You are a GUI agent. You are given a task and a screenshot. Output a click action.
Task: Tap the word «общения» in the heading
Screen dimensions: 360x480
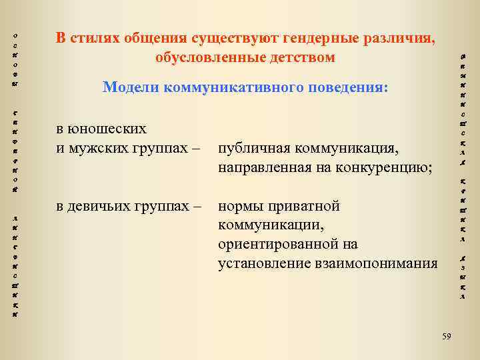[154, 38]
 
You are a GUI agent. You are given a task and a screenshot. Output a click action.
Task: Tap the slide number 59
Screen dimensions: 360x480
[446, 337]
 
